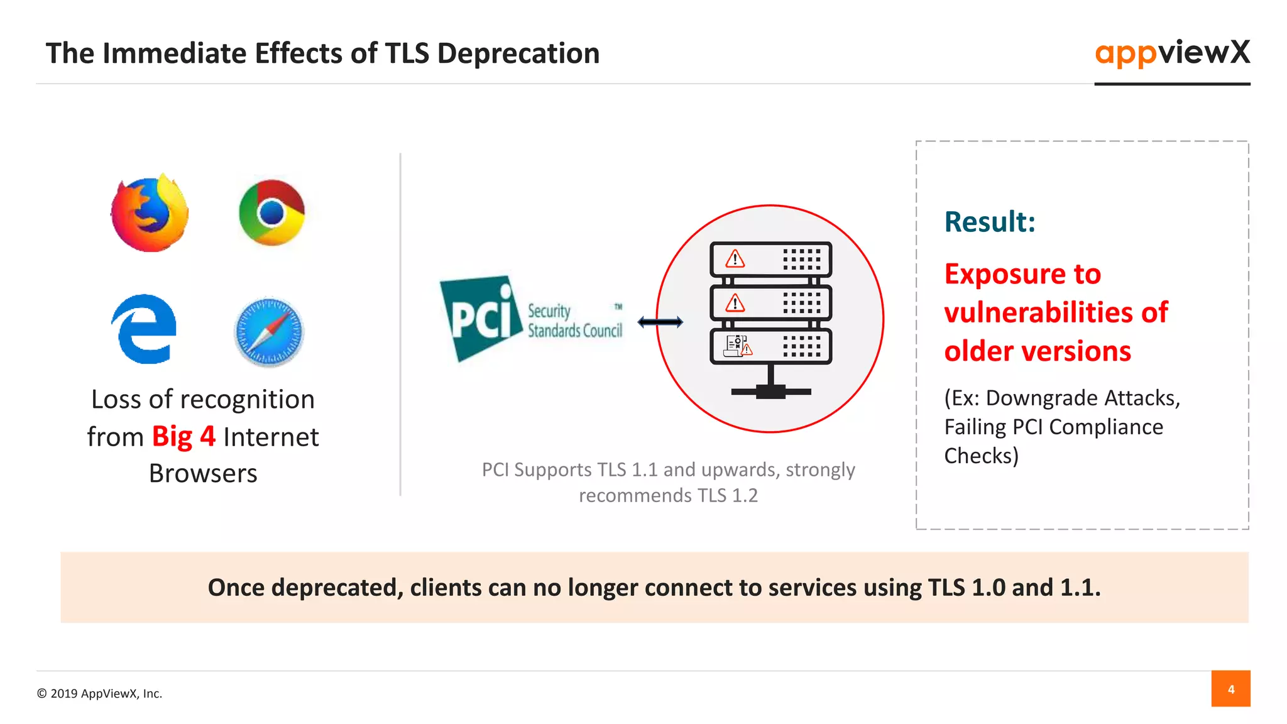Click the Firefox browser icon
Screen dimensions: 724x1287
click(x=150, y=214)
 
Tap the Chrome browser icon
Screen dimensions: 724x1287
click(x=271, y=212)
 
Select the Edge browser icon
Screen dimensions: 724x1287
click(x=145, y=329)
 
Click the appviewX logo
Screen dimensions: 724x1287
click(x=1172, y=53)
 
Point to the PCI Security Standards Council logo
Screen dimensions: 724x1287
click(x=532, y=319)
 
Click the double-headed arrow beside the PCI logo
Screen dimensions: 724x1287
click(x=660, y=322)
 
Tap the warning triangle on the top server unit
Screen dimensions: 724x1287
click(x=735, y=259)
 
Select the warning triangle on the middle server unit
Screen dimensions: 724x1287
click(x=735, y=304)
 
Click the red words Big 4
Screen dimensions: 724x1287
click(x=183, y=437)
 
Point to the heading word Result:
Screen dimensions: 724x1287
click(x=990, y=222)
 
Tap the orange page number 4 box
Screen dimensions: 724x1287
click(x=1230, y=689)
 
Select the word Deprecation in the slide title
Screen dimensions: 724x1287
click(x=518, y=53)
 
